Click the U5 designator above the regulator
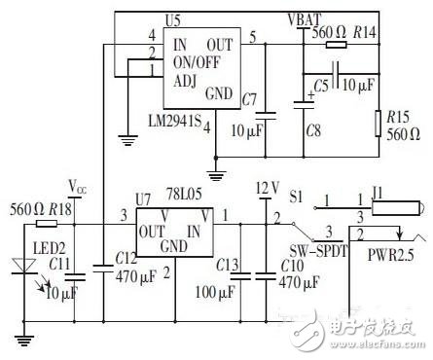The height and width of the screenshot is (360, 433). click(173, 19)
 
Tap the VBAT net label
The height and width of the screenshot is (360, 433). click(306, 18)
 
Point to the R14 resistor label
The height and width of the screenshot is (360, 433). click(364, 33)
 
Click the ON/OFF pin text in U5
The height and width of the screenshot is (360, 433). click(197, 60)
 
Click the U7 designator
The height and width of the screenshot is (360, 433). click(144, 199)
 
